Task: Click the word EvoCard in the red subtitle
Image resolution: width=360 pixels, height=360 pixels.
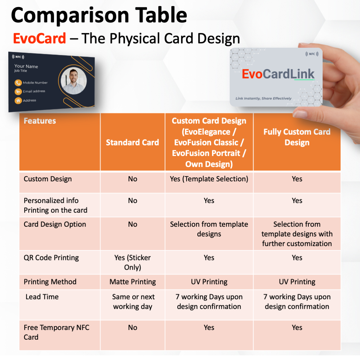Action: (x=39, y=38)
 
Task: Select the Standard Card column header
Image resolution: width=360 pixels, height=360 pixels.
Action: (x=132, y=142)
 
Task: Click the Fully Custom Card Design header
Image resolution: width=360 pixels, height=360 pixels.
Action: (x=297, y=137)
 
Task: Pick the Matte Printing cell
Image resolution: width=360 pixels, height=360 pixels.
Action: (x=133, y=282)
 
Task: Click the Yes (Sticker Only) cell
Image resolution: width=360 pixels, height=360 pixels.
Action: (x=133, y=262)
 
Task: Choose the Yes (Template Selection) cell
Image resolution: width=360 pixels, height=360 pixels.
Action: (x=209, y=179)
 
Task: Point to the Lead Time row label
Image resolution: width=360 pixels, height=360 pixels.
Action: (x=42, y=297)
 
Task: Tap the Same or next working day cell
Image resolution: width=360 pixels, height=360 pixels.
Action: (x=133, y=302)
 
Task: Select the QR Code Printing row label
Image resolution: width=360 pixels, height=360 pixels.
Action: (x=51, y=258)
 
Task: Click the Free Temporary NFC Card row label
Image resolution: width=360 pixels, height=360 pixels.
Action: (x=56, y=332)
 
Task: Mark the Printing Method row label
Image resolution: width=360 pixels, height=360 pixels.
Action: (x=50, y=282)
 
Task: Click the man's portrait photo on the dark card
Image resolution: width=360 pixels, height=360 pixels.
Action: (x=73, y=81)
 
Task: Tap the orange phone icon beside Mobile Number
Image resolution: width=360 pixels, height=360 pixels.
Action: (x=18, y=83)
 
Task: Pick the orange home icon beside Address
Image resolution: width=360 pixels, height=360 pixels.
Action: (x=18, y=100)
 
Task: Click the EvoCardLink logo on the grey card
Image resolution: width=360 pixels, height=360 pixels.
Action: (x=278, y=74)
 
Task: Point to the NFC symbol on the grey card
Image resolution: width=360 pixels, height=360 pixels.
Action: (x=312, y=54)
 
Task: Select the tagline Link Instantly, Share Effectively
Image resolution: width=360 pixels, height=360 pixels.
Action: (x=263, y=98)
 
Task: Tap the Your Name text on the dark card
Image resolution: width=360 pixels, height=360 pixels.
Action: (x=26, y=66)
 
